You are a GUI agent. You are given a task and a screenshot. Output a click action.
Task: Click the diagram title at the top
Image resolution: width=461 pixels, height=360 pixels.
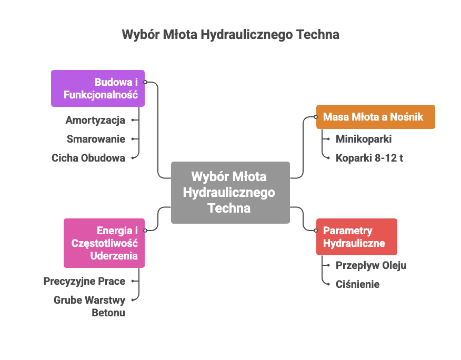click(x=230, y=35)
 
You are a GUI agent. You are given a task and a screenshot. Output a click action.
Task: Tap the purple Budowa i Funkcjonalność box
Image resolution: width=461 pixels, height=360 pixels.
click(x=98, y=88)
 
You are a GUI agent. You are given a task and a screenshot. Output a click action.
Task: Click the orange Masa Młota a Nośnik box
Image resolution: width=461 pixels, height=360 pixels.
click(x=375, y=117)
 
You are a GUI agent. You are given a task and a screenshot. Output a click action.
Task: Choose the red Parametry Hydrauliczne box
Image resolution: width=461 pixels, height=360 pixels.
click(x=356, y=237)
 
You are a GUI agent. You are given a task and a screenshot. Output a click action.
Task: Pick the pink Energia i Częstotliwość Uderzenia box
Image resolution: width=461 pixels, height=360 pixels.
click(x=104, y=243)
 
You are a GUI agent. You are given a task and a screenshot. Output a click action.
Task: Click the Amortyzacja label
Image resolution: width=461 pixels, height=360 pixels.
click(x=95, y=121)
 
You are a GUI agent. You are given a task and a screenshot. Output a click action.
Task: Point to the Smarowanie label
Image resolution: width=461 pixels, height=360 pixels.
click(x=96, y=139)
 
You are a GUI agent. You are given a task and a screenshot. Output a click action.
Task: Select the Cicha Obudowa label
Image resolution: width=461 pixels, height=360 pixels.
click(x=88, y=158)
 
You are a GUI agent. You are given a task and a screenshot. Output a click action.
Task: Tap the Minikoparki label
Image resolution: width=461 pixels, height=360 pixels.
click(x=364, y=139)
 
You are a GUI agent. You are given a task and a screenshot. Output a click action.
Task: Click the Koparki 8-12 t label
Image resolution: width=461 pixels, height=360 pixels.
click(x=369, y=158)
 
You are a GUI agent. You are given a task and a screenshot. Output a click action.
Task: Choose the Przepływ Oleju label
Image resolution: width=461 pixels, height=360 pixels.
click(x=371, y=265)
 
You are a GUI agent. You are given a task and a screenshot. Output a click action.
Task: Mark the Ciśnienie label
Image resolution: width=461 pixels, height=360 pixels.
click(x=357, y=284)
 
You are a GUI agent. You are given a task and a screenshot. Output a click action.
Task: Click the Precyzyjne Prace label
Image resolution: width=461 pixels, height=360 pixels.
click(x=84, y=281)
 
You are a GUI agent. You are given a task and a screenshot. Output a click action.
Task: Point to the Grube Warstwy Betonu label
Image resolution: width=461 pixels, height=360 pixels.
click(x=89, y=306)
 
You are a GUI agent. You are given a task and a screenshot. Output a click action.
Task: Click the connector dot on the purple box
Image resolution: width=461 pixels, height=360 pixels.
click(x=145, y=82)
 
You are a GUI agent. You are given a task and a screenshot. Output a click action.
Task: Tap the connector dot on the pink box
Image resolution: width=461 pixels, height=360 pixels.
click(x=145, y=231)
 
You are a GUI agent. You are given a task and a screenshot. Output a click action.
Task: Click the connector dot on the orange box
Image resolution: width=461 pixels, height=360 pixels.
click(x=316, y=117)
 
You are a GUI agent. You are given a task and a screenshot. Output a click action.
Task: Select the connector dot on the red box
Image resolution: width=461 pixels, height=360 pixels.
click(x=316, y=231)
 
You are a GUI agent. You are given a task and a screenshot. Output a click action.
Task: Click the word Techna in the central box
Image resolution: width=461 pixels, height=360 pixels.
click(x=229, y=208)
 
